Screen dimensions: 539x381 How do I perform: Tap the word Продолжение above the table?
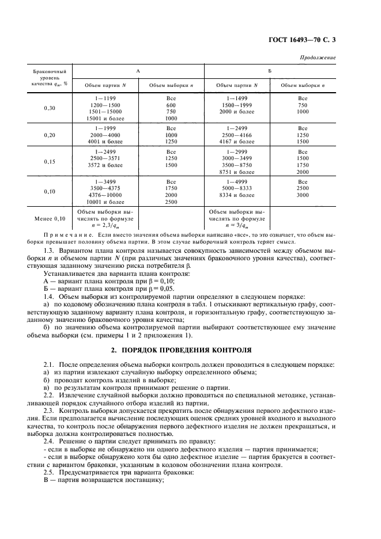point(319,58)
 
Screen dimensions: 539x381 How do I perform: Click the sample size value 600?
point(171,105)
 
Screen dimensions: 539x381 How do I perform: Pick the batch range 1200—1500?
point(105,105)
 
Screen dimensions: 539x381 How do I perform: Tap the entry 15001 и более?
point(105,118)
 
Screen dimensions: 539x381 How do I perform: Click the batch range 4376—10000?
point(105,195)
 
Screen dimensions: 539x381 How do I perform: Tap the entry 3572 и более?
point(105,165)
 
